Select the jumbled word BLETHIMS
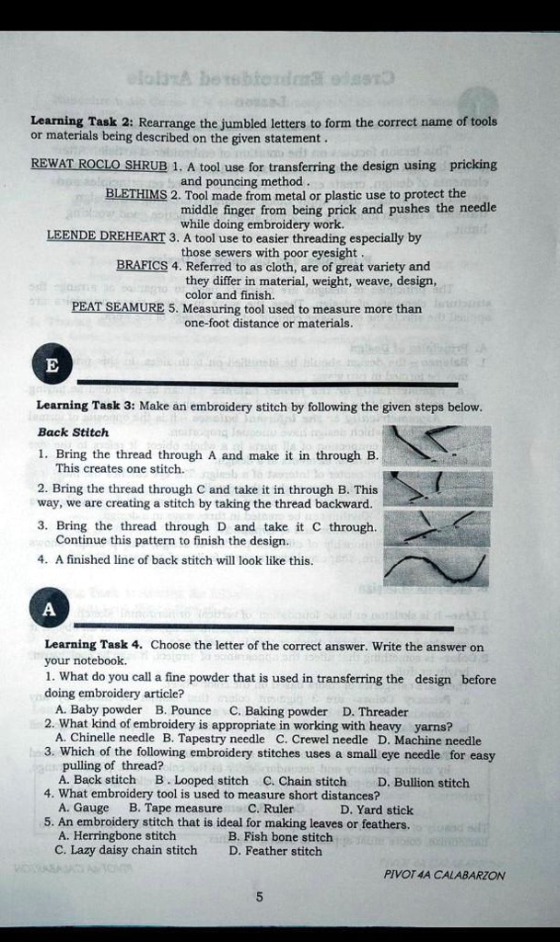coord(136,194)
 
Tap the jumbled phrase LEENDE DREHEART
coord(105,236)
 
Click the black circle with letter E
coord(52,365)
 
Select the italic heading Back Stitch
coord(73,432)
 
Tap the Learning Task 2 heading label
coord(83,121)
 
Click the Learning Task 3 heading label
coord(86,406)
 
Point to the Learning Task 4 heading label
coord(93,646)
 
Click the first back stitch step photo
coord(437,445)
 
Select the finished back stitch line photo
coord(437,567)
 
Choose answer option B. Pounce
coord(183,711)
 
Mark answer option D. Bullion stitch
coord(424,782)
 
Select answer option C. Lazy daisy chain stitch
coord(126,851)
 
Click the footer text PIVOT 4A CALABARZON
coord(444,875)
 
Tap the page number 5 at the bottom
coord(260,898)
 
